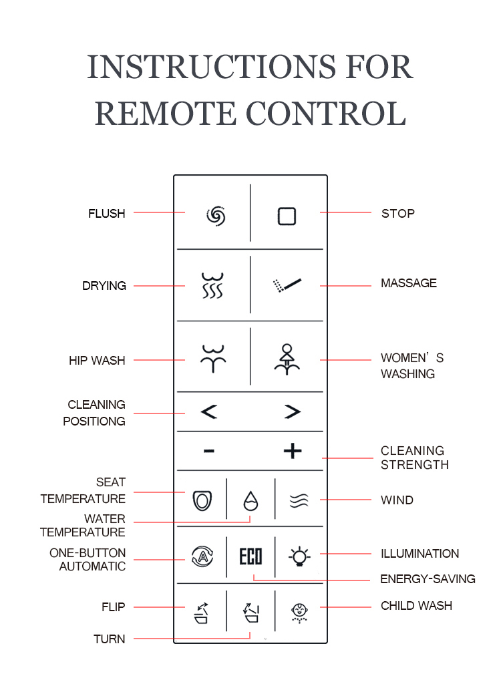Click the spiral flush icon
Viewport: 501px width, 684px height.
coord(216,216)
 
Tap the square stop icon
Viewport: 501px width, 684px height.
coord(287,216)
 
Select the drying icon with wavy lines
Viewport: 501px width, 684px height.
coord(212,285)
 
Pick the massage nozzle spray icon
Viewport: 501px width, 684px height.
coord(287,285)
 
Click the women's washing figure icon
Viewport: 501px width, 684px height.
coord(287,359)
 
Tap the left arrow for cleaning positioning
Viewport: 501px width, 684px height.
coord(209,411)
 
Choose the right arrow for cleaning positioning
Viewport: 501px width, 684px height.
coord(293,411)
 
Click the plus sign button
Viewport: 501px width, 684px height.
coord(293,451)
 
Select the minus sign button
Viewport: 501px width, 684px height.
coord(209,451)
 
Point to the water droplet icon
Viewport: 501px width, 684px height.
coord(251,501)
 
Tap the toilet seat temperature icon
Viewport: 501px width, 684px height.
coord(202,500)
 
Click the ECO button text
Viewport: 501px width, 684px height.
coord(251,556)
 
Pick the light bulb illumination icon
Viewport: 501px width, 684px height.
coord(299,556)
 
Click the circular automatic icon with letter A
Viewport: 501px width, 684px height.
coord(202,556)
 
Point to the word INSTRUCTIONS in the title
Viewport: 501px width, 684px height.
coord(211,67)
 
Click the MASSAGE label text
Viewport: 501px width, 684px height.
coord(408,283)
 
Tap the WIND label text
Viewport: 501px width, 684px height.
coord(397,500)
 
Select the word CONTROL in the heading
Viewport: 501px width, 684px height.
coord(326,114)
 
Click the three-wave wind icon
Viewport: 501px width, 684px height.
coord(299,501)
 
